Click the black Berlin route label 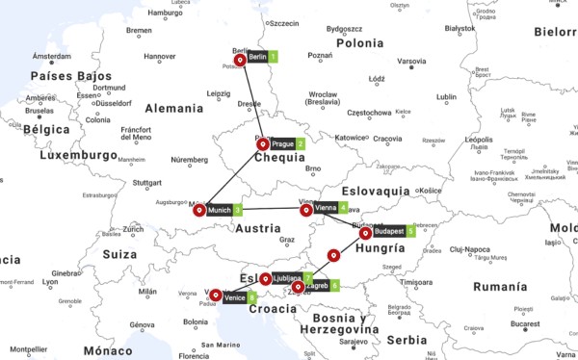(256, 58)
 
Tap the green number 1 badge (274, 58)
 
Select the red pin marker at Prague (263, 144)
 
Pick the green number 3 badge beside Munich (238, 210)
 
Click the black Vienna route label (325, 207)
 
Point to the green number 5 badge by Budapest (410, 232)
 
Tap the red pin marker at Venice (216, 296)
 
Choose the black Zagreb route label (317, 286)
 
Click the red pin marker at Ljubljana (265, 279)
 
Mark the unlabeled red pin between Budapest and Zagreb (333, 256)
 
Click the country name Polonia (359, 43)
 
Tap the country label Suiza (120, 255)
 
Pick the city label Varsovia (411, 62)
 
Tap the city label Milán (147, 291)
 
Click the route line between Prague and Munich (233, 176)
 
